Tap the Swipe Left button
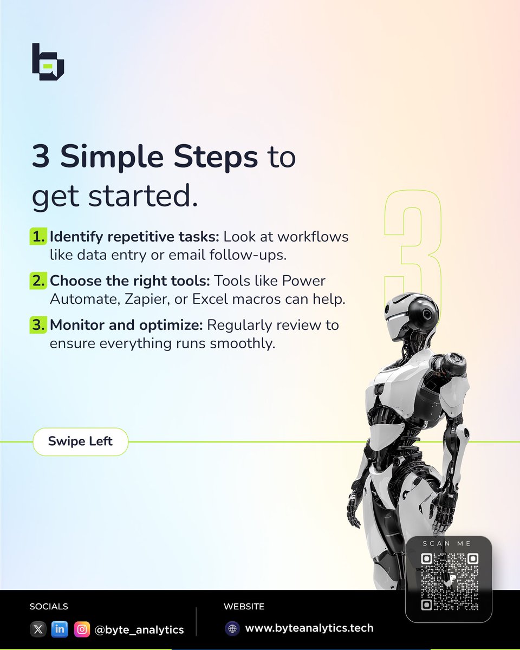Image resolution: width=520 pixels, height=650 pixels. [x=80, y=441]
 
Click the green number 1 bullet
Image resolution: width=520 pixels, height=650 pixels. [x=38, y=237]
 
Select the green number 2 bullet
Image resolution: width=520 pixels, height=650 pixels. [x=38, y=282]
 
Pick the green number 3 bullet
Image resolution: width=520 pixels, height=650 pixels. [x=38, y=326]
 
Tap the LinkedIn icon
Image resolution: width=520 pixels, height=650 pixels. [x=59, y=629]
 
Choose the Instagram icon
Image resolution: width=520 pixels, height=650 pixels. [x=81, y=629]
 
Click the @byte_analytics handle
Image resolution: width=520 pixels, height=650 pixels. [x=139, y=629]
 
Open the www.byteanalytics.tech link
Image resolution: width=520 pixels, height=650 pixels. [x=309, y=628]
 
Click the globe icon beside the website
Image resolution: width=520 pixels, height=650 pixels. [x=232, y=628]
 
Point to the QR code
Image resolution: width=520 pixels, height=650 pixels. [x=450, y=582]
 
